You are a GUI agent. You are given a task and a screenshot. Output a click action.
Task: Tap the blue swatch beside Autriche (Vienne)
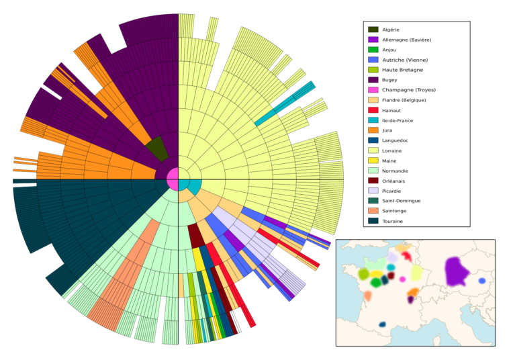click(x=373, y=60)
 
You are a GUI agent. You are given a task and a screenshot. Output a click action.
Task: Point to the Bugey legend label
click(x=389, y=80)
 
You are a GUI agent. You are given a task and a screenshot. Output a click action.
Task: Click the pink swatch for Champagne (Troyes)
click(x=373, y=90)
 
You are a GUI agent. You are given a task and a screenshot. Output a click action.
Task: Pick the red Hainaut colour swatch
click(x=373, y=110)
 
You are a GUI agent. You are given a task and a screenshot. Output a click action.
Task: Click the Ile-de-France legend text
click(x=398, y=120)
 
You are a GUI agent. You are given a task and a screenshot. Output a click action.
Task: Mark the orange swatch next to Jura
click(x=373, y=130)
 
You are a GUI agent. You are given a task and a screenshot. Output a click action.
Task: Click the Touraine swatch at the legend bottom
click(x=373, y=221)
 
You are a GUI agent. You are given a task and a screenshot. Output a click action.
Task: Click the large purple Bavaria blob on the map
click(x=456, y=271)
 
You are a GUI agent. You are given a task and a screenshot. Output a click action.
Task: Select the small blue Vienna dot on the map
click(x=482, y=281)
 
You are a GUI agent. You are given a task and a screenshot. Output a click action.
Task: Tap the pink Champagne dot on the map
click(x=402, y=279)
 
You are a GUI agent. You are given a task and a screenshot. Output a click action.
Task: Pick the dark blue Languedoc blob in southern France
click(x=382, y=324)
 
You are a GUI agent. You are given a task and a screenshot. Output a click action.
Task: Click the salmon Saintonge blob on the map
click(x=367, y=296)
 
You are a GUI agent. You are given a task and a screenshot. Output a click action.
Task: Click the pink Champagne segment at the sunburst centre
click(x=173, y=179)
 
